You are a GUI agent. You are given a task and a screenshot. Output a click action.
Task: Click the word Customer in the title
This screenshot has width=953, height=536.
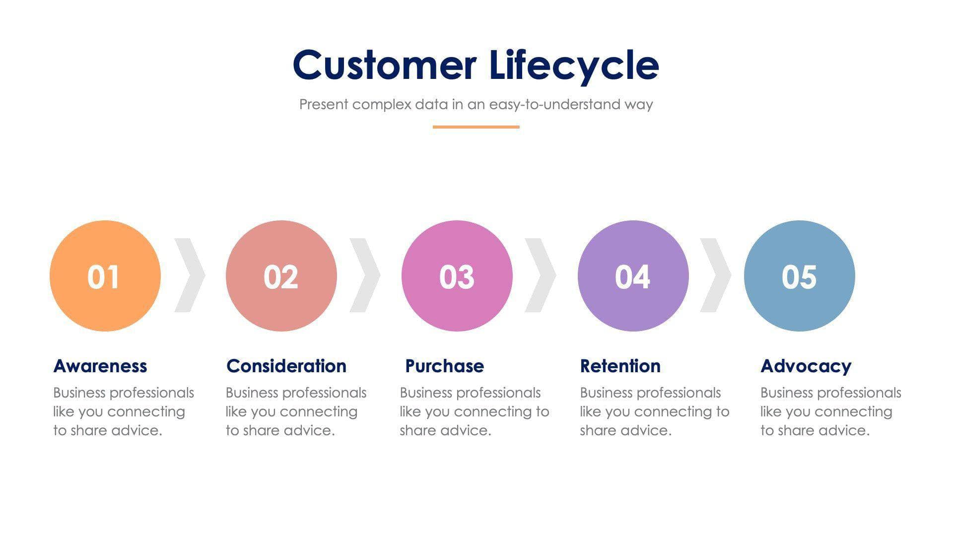pos(385,65)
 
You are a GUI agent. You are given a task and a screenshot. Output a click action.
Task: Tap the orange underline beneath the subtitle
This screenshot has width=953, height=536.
pos(476,127)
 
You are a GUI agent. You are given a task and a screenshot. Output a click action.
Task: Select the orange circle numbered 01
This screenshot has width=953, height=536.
pos(105,276)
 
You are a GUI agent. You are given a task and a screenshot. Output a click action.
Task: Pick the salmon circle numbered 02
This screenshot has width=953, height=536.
pos(281,276)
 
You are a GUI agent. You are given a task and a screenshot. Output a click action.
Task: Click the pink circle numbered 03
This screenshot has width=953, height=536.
pos(457,276)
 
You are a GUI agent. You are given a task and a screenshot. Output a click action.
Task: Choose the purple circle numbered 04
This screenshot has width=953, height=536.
pos(633,276)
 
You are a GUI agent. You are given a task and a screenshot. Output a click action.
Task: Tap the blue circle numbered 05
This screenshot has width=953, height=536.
pos(799,276)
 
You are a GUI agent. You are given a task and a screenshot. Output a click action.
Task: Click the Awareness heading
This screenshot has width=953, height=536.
pos(100,366)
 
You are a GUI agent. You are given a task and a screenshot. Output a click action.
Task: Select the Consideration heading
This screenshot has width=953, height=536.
pos(286,366)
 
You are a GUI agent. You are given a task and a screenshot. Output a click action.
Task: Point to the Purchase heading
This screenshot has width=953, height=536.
pos(445,366)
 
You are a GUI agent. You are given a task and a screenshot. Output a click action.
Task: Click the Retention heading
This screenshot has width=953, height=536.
pos(620,366)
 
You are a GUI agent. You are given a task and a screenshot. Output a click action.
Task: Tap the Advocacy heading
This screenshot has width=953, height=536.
pos(806,366)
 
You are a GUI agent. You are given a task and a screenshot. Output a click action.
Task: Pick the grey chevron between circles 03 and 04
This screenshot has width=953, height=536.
pos(542,275)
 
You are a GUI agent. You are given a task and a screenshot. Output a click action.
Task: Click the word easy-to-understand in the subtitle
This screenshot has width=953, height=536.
pos(554,105)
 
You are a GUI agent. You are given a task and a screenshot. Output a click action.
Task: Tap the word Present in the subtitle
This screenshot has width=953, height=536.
pos(324,105)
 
